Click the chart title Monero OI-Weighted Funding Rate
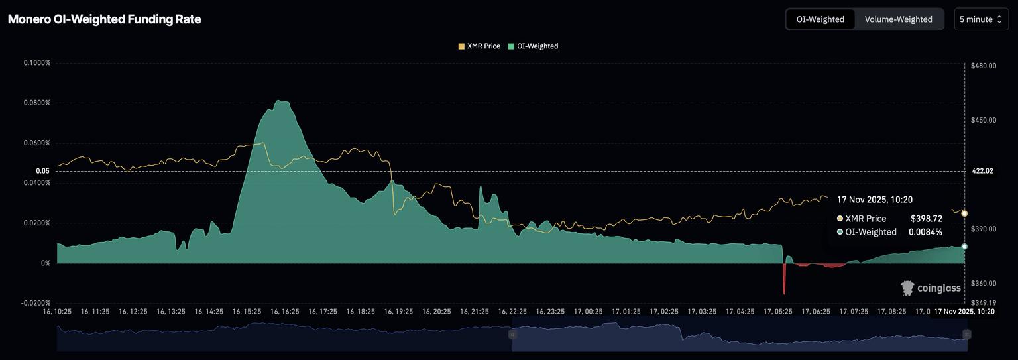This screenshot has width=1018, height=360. coord(104,19)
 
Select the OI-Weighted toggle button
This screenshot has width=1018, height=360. coord(820,19)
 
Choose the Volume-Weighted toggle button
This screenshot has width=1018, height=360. coord(898,19)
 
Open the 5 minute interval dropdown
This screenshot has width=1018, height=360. coord(982,19)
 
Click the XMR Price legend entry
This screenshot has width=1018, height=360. coord(479,46)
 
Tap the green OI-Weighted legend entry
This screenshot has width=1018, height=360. coord(533,46)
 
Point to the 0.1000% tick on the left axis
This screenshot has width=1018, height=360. coord(37,63)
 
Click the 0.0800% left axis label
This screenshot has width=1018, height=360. coord(37,103)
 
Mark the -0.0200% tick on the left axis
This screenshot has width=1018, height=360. coord(36,303)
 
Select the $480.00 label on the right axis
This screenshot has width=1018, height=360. coord(983,66)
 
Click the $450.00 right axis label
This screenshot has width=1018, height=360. coord(983,120)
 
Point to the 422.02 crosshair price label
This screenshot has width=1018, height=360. coord(982,171)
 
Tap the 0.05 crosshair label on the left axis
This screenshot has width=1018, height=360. coord(42,171)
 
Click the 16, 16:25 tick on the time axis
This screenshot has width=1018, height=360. coord(284,311)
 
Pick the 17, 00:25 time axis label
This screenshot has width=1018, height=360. coord(588,311)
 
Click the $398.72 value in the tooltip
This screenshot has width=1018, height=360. coord(926,219)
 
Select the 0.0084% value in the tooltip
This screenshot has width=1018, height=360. coord(925,232)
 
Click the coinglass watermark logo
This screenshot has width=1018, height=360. coord(931,288)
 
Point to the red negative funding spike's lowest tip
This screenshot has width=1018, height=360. coord(784,294)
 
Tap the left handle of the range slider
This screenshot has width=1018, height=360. coord(512,334)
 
